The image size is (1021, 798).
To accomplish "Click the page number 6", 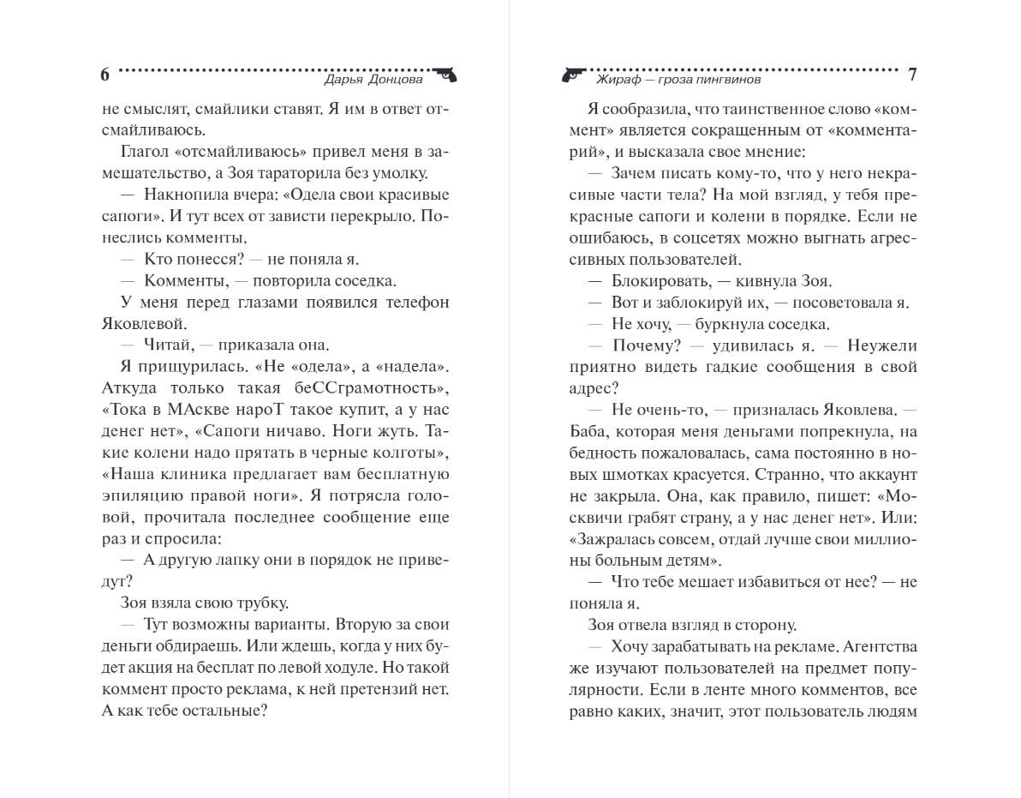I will coord(105,75).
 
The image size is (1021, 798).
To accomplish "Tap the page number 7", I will coord(912,75).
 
